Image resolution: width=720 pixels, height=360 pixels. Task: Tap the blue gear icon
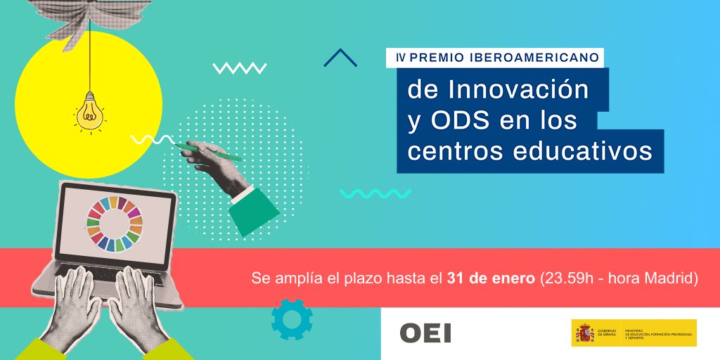(x=291, y=319)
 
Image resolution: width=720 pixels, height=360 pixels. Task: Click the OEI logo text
(x=425, y=333)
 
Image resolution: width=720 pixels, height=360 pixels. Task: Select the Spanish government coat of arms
(x=584, y=333)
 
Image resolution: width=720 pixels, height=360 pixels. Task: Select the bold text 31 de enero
(x=491, y=278)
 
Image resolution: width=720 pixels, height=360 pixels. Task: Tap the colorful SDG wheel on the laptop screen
(x=115, y=223)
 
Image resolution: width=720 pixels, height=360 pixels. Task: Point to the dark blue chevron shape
(x=340, y=58)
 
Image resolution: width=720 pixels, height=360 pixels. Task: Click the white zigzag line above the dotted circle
(x=239, y=68)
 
